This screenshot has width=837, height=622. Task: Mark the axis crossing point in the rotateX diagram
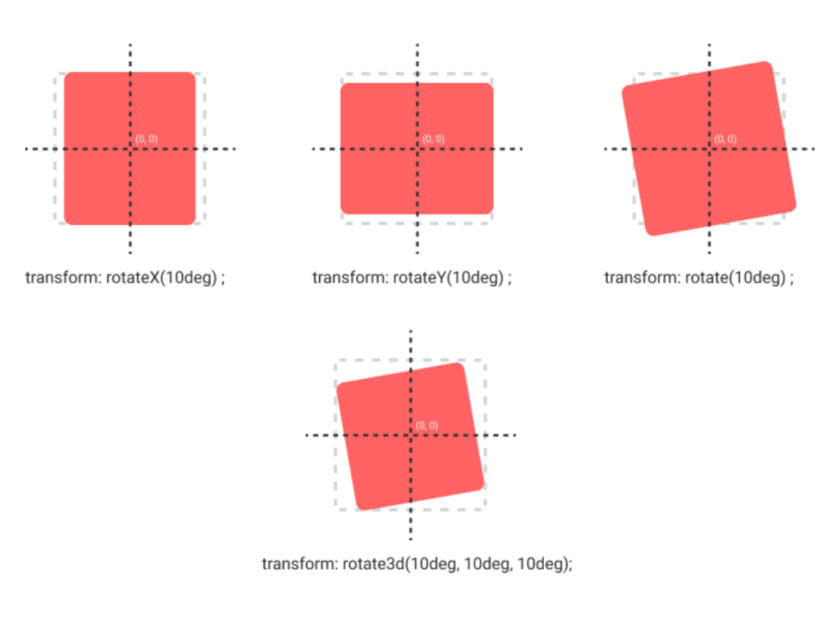click(x=130, y=149)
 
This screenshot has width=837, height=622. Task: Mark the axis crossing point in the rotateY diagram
click(x=418, y=149)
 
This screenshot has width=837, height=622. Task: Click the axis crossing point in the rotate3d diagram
click(x=411, y=435)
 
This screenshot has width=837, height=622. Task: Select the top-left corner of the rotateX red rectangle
click(x=67, y=75)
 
